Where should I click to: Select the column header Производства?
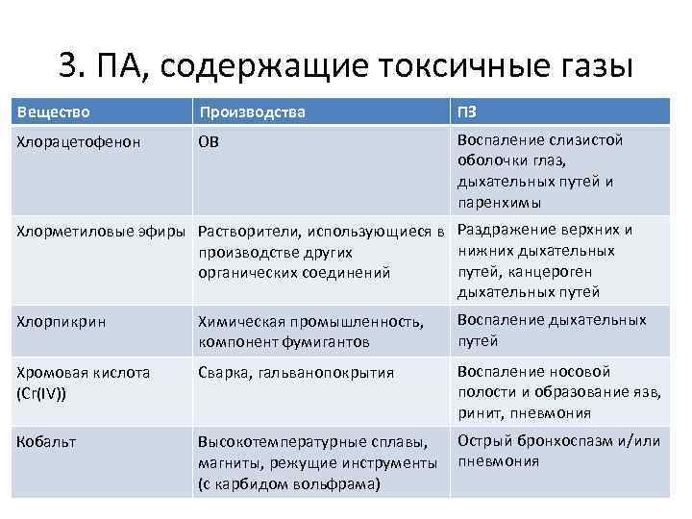252,111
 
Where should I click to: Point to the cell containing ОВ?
209,142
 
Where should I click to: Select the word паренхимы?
500,203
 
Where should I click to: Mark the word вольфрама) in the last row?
339,483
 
